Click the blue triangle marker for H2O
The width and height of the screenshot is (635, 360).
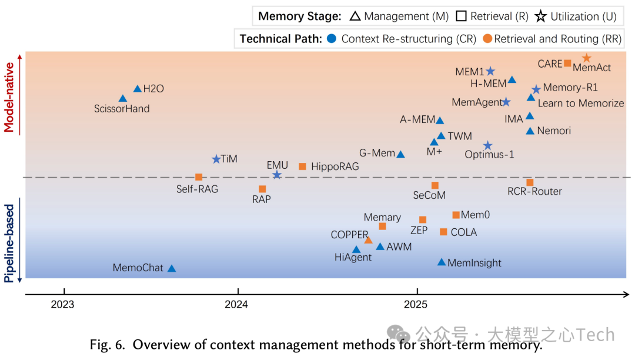[138, 89]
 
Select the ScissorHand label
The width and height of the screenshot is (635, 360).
[122, 109]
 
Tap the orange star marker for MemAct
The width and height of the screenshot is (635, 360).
[586, 58]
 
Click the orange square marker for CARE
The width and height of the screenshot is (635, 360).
[567, 64]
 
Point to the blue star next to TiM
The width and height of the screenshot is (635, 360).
[216, 159]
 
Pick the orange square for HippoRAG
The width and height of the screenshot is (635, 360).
[302, 166]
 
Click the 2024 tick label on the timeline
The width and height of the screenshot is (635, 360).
[238, 304]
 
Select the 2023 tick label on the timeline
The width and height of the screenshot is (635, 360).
[62, 304]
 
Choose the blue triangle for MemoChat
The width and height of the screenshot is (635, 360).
[172, 268]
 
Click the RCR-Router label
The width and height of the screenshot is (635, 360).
[534, 191]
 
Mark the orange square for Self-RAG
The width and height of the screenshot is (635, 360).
[199, 177]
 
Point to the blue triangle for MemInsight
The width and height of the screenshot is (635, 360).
[442, 262]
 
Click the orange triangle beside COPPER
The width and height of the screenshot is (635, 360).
[368, 240]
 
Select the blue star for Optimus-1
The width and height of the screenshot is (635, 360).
[487, 145]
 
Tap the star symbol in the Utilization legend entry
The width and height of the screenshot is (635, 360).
[542, 16]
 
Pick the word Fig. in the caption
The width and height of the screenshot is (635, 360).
[101, 345]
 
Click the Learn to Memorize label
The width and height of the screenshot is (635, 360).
[580, 103]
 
